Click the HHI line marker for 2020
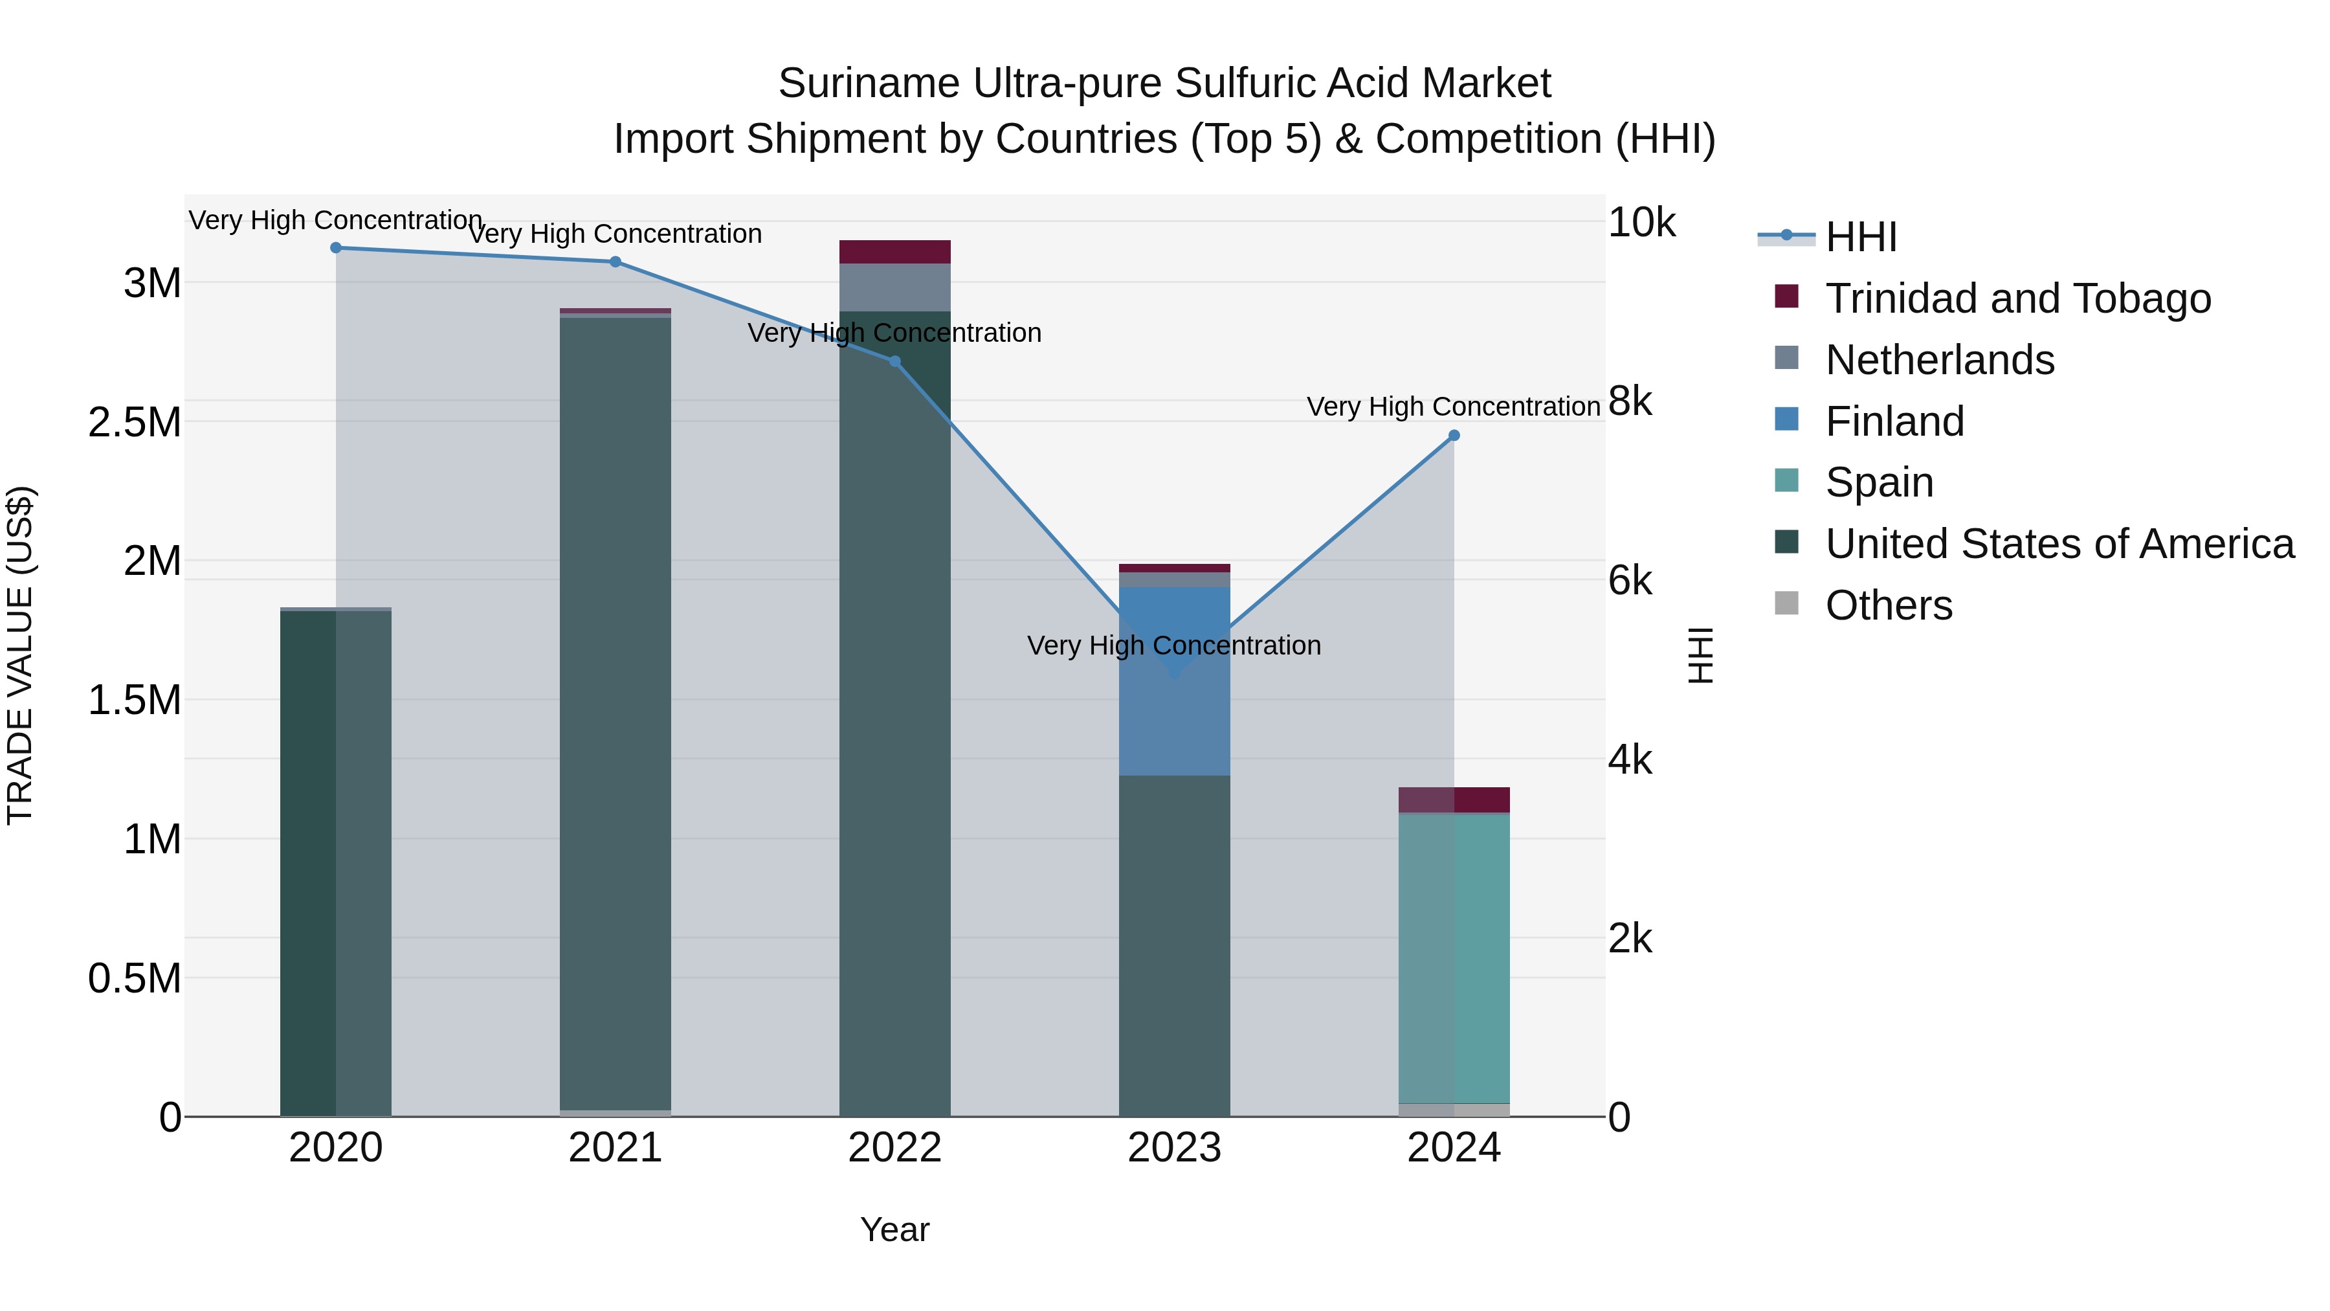click(335, 247)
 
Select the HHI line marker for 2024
click(1454, 435)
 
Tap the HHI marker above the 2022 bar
click(894, 361)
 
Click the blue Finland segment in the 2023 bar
click(1174, 706)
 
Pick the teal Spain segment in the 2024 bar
click(1454, 959)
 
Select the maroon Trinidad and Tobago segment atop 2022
click(894, 252)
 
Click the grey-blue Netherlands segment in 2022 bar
click(894, 287)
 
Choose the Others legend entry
click(1888, 605)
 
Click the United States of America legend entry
click(2059, 544)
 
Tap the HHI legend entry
click(1861, 237)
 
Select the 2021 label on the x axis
click(615, 1148)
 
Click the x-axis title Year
click(894, 1229)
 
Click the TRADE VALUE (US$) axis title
click(20, 655)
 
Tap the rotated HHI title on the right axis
click(1700, 655)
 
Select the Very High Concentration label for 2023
click(1174, 645)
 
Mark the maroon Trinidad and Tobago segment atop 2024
click(1454, 800)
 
